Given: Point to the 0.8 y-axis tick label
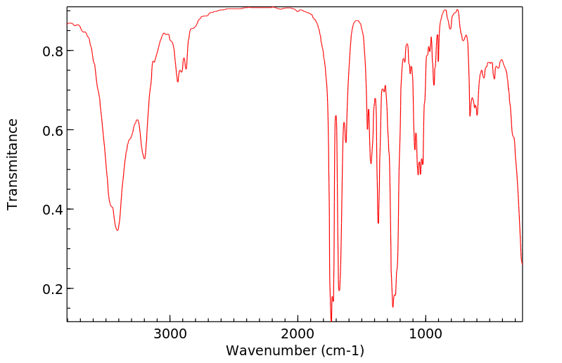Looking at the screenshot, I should pyautogui.click(x=51, y=51).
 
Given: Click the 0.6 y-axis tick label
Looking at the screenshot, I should pyautogui.click(x=51, y=131).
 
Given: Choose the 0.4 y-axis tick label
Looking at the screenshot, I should pyautogui.click(x=51, y=210).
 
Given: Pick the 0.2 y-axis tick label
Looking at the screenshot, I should pyautogui.click(x=51, y=289).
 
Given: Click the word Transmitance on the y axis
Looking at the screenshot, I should pyautogui.click(x=13, y=164).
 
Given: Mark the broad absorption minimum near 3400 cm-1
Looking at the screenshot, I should pyautogui.click(x=117, y=230).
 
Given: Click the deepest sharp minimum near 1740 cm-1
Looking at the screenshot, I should pyautogui.click(x=331, y=319).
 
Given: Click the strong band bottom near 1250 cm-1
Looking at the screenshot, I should pyautogui.click(x=393, y=307).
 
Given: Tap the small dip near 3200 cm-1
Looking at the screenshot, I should pyautogui.click(x=144, y=158).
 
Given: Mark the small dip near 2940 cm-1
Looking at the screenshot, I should pyautogui.click(x=178, y=82).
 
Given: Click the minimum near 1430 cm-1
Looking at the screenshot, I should pyautogui.click(x=371, y=163).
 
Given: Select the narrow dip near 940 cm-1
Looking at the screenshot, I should pyautogui.click(x=434, y=85).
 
